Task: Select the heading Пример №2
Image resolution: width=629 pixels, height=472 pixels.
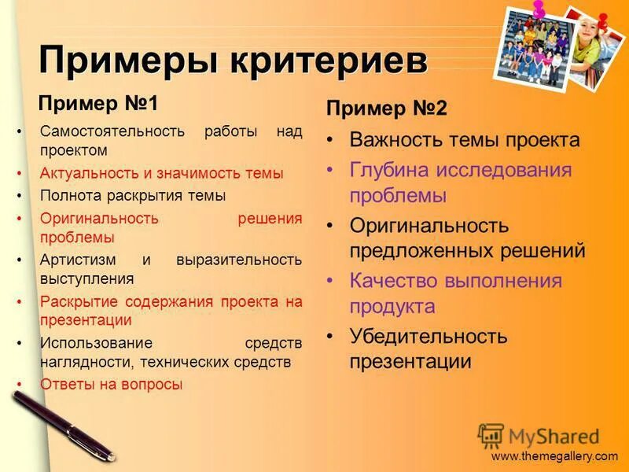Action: point(386,109)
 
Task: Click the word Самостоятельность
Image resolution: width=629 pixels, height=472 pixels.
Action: point(111,131)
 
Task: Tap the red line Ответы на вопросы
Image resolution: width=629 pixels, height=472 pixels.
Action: point(111,385)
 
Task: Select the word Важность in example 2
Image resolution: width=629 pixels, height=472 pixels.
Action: point(393,141)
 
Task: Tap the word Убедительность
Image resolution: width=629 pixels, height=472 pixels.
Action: point(429,337)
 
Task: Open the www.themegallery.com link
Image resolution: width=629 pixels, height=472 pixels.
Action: point(554,456)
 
